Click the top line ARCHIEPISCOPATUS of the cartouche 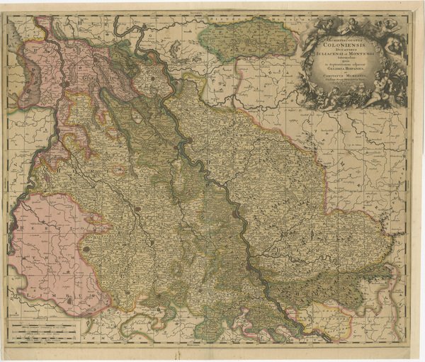344,33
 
